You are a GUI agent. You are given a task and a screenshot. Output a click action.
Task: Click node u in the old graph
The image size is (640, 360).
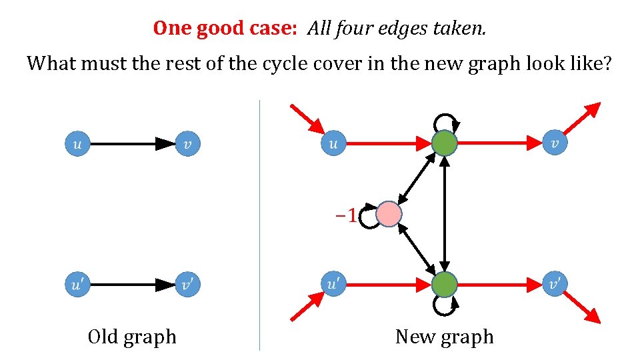tap(77, 143)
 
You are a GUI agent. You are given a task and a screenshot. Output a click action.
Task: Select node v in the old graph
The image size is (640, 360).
tap(188, 143)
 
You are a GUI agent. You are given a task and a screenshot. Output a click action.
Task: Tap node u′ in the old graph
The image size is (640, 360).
tap(77, 285)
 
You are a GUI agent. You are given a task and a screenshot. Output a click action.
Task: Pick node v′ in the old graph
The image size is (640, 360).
tap(188, 285)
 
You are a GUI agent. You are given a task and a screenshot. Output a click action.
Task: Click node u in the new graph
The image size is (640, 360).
tap(333, 143)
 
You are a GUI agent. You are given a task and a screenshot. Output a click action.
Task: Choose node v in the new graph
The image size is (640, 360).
tap(555, 143)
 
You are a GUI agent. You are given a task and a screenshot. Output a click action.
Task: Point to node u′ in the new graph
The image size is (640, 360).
tap(333, 285)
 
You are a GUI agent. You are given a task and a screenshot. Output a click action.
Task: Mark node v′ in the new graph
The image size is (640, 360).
tap(555, 285)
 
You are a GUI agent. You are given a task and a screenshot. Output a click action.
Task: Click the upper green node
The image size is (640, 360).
tap(445, 143)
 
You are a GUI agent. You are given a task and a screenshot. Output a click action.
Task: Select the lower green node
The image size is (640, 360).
tap(445, 285)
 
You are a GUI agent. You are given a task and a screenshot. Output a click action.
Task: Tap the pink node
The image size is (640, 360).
tap(389, 215)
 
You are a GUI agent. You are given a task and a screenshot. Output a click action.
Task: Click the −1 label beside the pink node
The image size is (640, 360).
tap(345, 215)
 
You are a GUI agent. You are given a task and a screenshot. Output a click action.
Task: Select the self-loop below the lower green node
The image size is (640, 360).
tap(445, 307)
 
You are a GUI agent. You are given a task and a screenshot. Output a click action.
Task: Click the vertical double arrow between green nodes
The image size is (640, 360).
tap(445, 214)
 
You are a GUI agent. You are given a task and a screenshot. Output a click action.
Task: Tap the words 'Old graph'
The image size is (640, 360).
tap(132, 337)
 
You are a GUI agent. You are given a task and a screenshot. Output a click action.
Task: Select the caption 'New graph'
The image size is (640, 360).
tap(445, 337)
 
